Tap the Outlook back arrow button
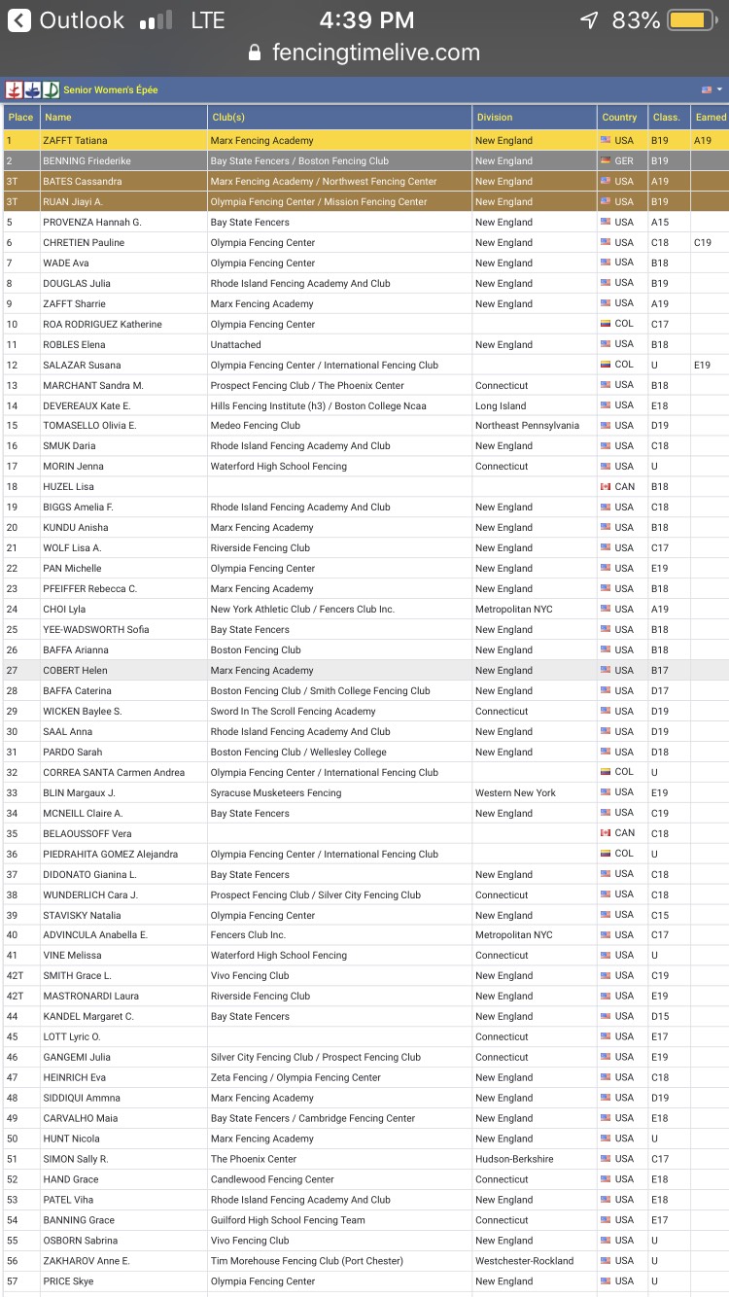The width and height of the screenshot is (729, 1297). pos(19,19)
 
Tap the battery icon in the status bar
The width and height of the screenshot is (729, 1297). pos(690,19)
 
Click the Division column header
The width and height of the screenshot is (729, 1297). pos(494,118)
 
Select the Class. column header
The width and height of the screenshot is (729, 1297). pos(666,118)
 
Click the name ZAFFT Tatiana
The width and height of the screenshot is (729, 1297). pos(75,141)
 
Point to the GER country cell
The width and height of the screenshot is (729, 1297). pos(623,161)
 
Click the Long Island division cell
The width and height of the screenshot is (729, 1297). pos(501,406)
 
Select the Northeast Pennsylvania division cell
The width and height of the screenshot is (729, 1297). pos(527,426)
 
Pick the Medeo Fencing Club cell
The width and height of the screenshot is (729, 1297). pos(256,426)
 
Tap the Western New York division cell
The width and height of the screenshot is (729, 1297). pos(515,793)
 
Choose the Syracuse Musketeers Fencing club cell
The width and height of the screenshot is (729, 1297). pos(276,793)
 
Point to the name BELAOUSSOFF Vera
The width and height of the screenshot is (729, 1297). pos(87,834)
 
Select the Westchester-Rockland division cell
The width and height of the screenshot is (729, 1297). pos(524,1261)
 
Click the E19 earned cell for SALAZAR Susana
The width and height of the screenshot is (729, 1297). pos(702,366)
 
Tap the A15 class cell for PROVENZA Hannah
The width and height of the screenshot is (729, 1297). pos(660,223)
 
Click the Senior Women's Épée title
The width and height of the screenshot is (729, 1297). pos(111,90)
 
